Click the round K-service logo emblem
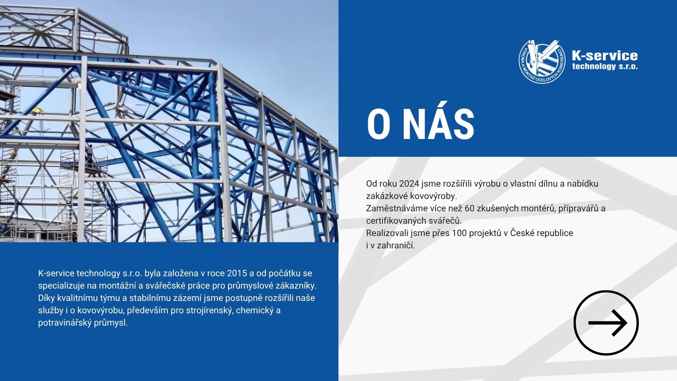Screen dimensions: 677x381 tap(542, 61)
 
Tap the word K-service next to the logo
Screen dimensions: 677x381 tap(605, 55)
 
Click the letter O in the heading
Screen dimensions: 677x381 tap(378, 125)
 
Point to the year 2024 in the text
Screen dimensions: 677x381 tap(409, 183)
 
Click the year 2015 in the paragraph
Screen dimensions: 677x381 tap(237, 273)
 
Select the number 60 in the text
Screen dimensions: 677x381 tap(470, 208)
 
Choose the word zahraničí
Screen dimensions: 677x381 tap(396, 245)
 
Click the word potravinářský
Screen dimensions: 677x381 tap(65, 323)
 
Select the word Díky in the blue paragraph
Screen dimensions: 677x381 tap(47, 298)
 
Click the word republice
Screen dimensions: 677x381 tap(555, 233)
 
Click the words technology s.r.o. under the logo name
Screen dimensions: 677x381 tap(605, 66)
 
